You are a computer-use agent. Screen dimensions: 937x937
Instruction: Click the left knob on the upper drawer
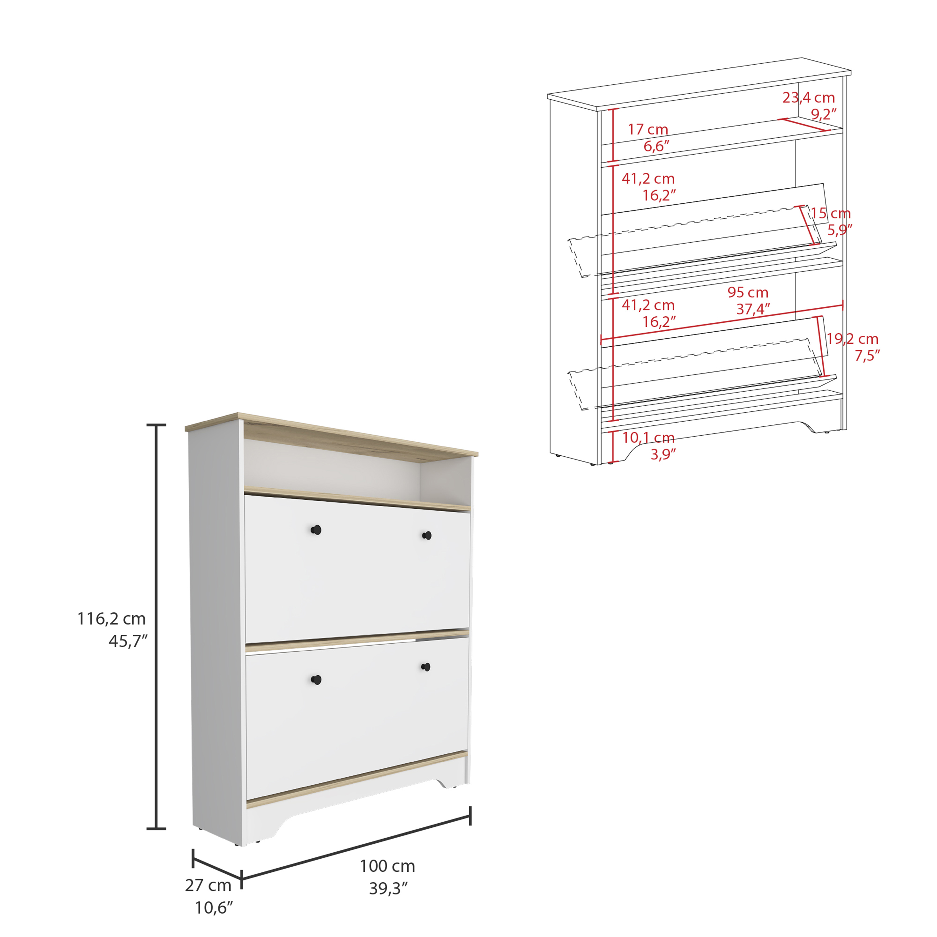(316, 530)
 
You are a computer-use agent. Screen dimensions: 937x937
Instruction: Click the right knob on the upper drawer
(427, 535)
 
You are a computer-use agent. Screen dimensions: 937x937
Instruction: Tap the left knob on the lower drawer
(316, 680)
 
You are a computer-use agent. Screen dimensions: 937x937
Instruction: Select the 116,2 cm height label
(112, 618)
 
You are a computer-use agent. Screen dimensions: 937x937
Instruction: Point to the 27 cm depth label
(208, 885)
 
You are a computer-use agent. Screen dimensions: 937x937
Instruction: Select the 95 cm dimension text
(748, 292)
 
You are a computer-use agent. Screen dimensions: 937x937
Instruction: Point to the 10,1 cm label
(648, 438)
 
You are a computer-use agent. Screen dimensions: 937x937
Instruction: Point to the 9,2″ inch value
(824, 114)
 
